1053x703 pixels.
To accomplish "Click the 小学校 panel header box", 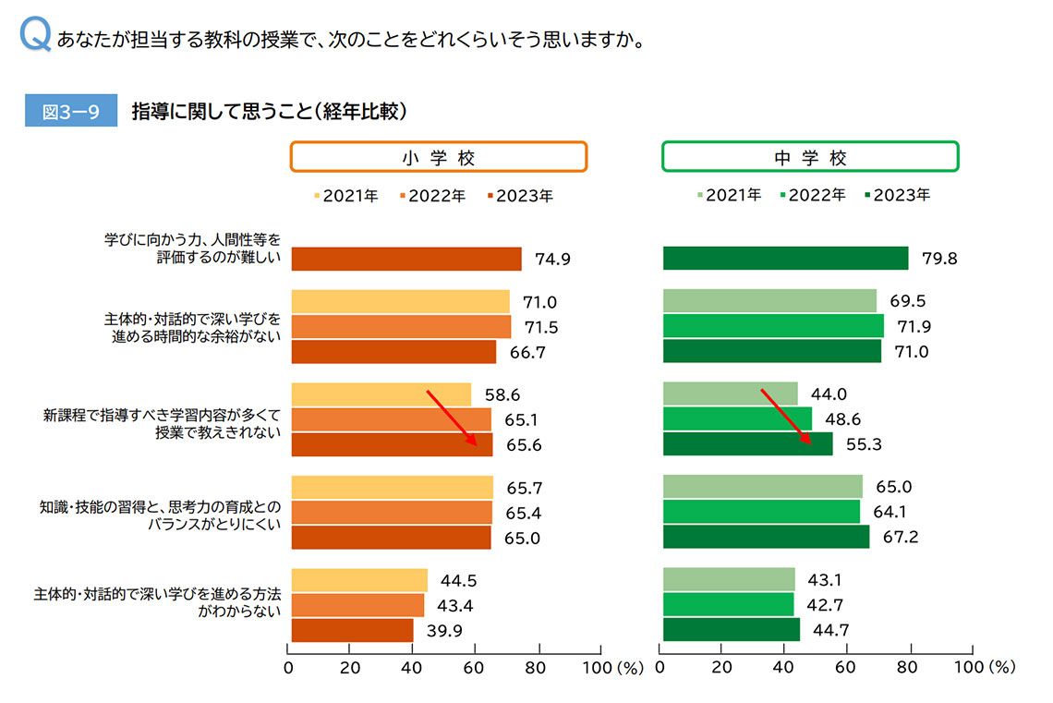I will (439, 157).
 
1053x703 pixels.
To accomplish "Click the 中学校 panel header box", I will (810, 157).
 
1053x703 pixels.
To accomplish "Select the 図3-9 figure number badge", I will (71, 112).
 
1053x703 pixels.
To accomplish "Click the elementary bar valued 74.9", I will (406, 259).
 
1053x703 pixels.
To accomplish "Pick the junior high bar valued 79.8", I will (785, 259).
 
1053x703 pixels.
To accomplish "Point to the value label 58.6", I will (502, 395).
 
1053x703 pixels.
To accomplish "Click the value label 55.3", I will (864, 444).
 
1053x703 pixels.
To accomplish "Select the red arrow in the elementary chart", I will (452, 418).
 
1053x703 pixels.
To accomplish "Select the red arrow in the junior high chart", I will (786, 418).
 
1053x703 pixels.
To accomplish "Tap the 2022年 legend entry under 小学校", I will (432, 196).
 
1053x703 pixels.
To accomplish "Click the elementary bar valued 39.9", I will (352, 630).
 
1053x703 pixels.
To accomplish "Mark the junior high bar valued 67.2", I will (766, 537).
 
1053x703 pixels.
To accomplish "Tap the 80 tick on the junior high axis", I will (910, 667).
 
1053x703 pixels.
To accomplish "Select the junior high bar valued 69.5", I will (769, 301).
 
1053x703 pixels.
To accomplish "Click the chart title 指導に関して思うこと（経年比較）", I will (270, 112).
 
